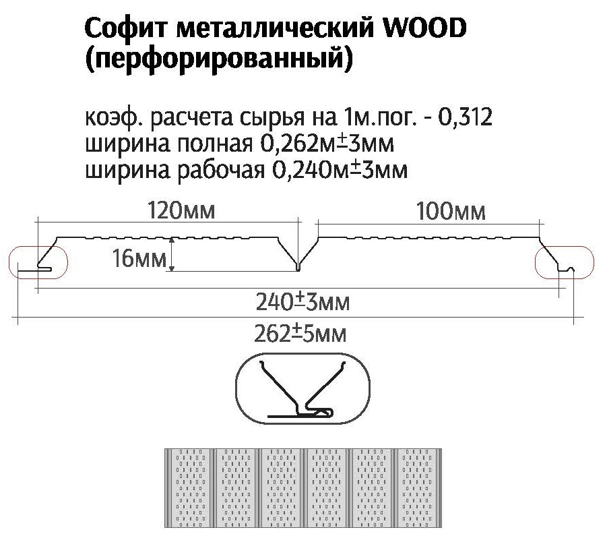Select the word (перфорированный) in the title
(x=219, y=61)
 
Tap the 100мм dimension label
(x=451, y=212)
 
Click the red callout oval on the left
(x=38, y=262)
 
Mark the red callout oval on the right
(x=565, y=262)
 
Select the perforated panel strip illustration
(x=302, y=486)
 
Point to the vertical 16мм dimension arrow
(x=173, y=255)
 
